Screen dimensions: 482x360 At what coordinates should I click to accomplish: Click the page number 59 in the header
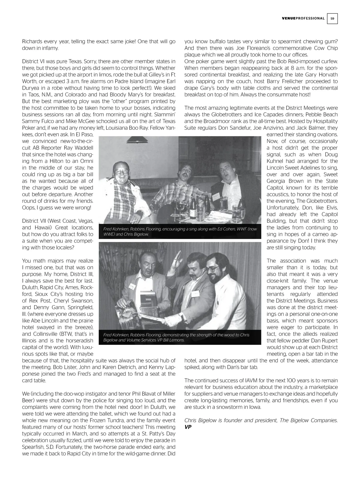click(x=332, y=18)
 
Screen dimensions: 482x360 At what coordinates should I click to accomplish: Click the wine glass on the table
click(x=181, y=207)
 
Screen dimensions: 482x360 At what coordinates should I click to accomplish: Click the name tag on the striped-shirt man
click(x=217, y=197)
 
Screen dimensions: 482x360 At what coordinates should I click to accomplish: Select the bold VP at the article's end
click(x=188, y=427)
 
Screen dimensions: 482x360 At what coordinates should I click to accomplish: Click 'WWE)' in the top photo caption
click(x=109, y=234)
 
